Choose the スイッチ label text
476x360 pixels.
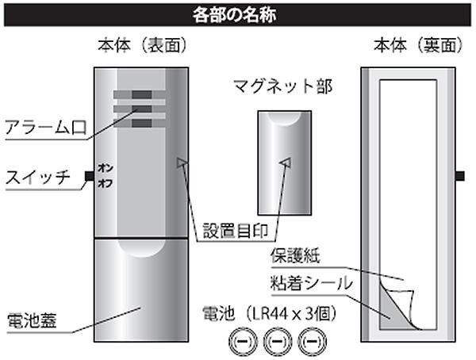37,176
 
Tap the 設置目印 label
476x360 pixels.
237,231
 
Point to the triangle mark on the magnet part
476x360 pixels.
286,163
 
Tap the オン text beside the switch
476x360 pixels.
104,168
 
